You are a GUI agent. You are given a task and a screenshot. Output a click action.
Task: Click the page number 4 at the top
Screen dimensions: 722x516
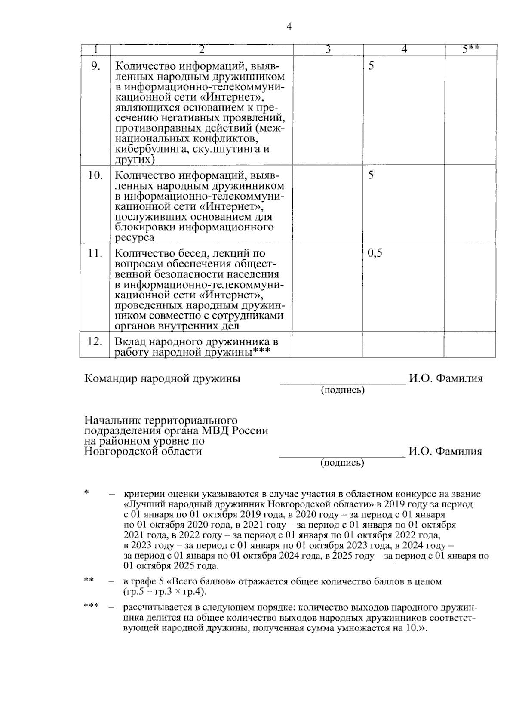[289, 27]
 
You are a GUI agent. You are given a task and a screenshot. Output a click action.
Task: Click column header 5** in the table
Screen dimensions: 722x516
[471, 49]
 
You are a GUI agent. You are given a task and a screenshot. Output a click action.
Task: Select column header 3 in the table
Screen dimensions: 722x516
[328, 49]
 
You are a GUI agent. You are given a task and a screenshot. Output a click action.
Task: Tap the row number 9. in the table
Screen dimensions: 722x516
[95, 66]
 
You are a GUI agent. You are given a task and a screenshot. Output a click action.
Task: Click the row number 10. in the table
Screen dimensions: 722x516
[95, 175]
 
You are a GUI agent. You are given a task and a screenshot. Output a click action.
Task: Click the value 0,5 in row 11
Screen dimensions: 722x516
[375, 253]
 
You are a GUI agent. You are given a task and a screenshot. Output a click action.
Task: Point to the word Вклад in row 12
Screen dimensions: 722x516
[129, 342]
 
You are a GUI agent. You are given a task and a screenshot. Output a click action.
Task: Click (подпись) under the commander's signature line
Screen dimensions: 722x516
[343, 390]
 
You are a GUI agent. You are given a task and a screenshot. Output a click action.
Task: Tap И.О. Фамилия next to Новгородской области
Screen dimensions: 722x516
[445, 451]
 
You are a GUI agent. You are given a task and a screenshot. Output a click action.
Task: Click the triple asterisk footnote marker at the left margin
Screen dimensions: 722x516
[91, 606]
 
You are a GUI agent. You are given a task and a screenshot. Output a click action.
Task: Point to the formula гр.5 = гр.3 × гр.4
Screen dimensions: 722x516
[164, 592]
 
